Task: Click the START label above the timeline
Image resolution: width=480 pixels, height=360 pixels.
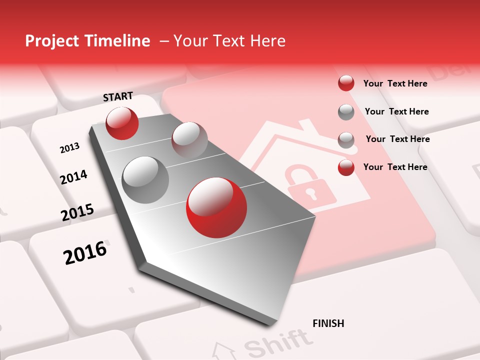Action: (118, 96)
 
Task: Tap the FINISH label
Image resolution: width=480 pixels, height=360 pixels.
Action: (328, 323)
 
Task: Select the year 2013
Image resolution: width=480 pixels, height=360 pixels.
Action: (69, 148)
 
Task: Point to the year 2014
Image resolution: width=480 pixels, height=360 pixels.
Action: (73, 177)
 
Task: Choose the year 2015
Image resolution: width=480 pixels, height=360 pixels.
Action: (77, 212)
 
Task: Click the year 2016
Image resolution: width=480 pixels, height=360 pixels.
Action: (85, 253)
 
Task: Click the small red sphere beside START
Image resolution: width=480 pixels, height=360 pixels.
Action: (122, 123)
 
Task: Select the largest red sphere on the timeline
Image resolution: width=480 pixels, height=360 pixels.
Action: (216, 207)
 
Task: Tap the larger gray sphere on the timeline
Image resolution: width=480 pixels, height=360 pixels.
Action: (145, 179)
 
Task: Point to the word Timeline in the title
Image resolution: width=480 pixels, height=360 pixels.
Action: (118, 41)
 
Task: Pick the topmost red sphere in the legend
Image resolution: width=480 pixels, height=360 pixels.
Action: (346, 83)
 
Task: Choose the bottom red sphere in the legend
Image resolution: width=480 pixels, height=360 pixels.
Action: (346, 167)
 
